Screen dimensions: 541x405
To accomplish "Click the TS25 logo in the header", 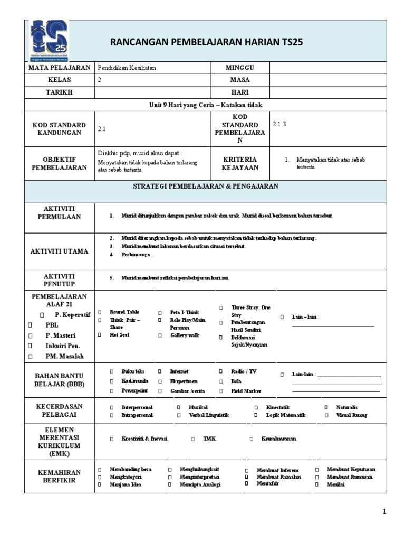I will click(46, 41).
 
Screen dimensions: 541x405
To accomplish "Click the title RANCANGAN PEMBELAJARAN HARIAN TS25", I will click(207, 42).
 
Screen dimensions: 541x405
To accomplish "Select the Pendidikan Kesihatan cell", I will click(127, 68).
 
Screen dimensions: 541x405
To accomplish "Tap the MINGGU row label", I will click(239, 68).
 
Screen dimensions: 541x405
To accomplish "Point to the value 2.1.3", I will click(280, 124).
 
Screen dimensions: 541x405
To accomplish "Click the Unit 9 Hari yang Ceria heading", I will click(205, 105).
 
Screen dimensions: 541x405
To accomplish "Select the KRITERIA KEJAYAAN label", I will click(240, 163).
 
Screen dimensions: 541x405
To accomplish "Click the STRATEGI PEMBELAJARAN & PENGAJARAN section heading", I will click(206, 186).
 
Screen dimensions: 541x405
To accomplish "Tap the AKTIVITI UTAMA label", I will click(60, 251).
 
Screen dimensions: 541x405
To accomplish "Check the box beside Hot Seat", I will click(99, 335).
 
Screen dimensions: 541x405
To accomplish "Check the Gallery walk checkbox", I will click(160, 335).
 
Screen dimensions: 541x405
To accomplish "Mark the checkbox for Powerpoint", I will click(111, 391).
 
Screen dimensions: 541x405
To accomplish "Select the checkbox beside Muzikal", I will click(178, 407).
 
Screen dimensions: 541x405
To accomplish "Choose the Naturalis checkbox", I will click(326, 407).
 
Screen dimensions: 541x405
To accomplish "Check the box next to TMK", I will click(193, 439).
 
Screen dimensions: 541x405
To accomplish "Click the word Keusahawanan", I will click(278, 439).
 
